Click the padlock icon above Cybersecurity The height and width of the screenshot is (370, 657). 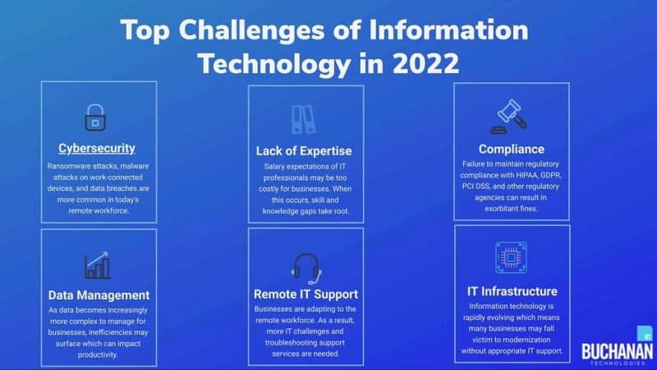95,118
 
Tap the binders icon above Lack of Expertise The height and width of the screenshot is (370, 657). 303,119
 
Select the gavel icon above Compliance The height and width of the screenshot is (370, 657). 509,117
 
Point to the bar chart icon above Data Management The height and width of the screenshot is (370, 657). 98,266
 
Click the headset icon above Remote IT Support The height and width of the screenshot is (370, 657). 306,269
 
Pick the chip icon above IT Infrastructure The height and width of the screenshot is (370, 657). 511,257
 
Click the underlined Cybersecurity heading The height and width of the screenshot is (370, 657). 97,148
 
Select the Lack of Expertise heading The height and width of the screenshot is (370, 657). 304,151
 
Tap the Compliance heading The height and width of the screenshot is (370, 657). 512,150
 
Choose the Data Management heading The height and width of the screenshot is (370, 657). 99,295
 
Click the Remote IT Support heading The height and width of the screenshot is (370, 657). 306,294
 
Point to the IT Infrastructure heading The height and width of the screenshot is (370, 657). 512,292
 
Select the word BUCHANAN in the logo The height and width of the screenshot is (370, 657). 618,351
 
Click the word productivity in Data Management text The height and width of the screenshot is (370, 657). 98,355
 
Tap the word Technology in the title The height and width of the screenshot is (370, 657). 274,65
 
